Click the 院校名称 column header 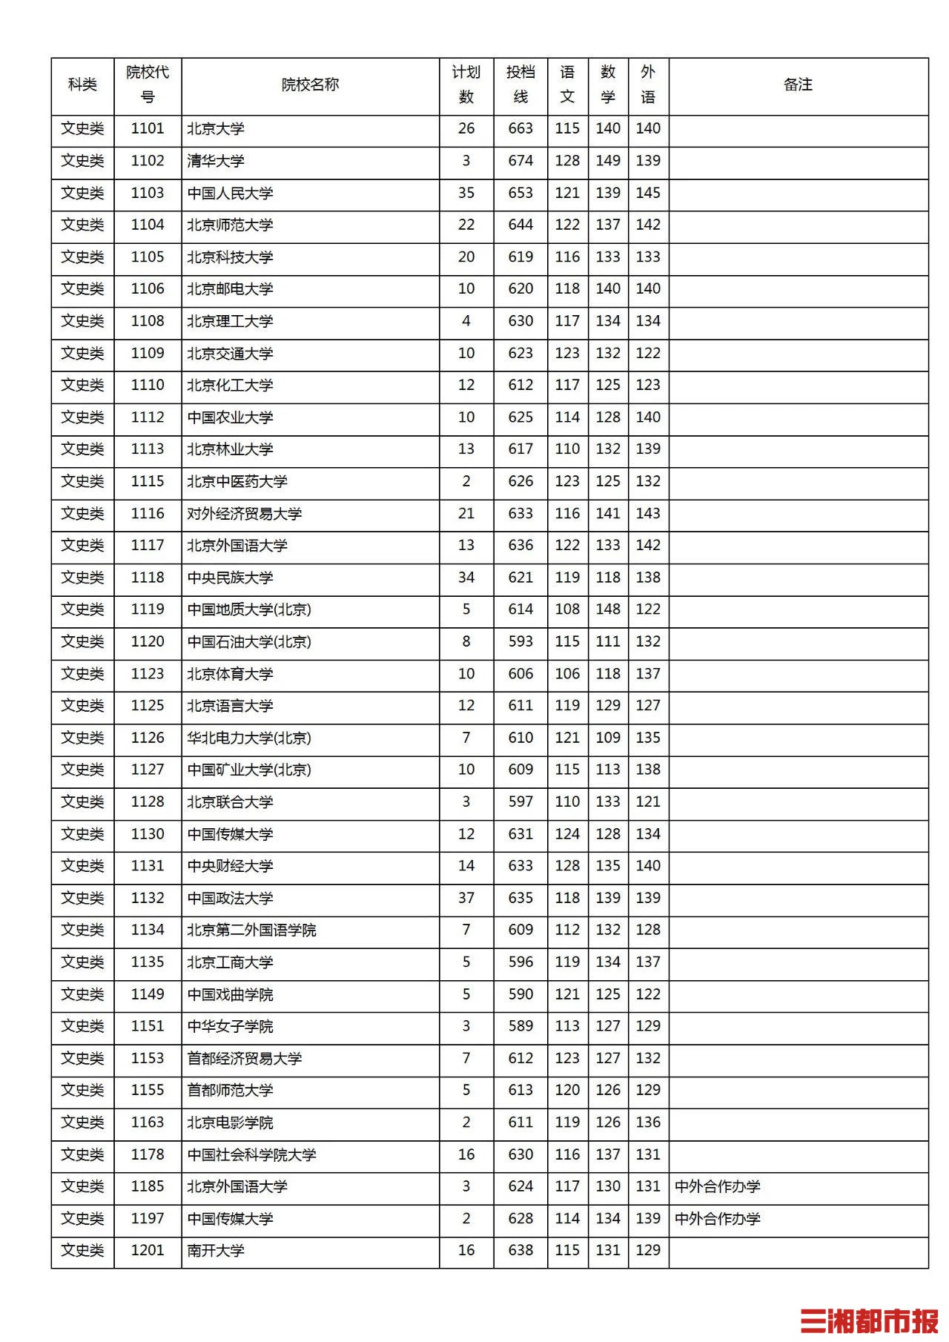click(x=310, y=85)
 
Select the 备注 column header click(x=798, y=85)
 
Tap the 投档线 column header click(x=520, y=85)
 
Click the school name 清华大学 click(x=216, y=161)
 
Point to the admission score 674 click(x=520, y=161)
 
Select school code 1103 click(x=148, y=193)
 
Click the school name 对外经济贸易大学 click(x=245, y=514)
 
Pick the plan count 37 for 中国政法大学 click(x=466, y=898)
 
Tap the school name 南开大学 click(x=216, y=1251)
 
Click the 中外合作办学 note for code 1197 click(x=718, y=1219)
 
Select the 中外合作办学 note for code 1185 click(x=718, y=1186)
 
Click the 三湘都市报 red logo click(x=869, y=1320)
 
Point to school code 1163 click(x=148, y=1123)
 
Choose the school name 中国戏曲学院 click(x=231, y=994)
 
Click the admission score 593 click(x=520, y=641)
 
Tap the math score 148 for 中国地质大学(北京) click(x=608, y=609)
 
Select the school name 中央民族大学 click(x=231, y=578)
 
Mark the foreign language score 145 click(x=648, y=193)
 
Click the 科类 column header click(x=82, y=85)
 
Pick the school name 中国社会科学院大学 click(x=252, y=1154)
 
